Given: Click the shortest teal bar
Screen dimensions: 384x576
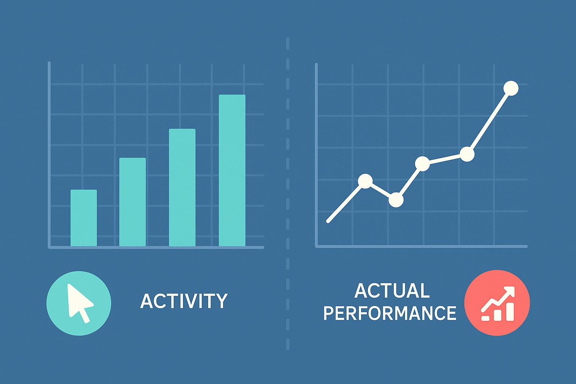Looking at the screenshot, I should (x=84, y=218).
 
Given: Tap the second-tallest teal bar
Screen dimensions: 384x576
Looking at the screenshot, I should (x=182, y=187).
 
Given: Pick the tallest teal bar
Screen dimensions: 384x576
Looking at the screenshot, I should (x=232, y=170).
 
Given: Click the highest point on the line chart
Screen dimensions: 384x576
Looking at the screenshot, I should (x=511, y=88).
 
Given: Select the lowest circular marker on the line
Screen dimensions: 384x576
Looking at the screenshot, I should (x=396, y=200).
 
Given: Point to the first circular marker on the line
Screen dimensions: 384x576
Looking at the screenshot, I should (x=365, y=181).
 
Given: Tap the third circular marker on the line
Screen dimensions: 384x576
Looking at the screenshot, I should (x=423, y=163).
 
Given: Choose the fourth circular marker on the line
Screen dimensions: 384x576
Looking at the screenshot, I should (x=467, y=154).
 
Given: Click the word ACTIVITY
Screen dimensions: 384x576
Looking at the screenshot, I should (x=184, y=301).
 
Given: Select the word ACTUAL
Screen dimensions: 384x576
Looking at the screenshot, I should (x=392, y=291).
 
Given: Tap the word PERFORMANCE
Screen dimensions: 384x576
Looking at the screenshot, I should (x=390, y=313).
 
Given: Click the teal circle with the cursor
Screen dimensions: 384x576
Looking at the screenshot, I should (x=79, y=303).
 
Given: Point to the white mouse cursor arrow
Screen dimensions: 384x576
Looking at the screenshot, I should (x=78, y=300).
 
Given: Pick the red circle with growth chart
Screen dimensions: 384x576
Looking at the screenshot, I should (x=497, y=303).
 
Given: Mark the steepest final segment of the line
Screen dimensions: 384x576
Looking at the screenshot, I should (x=489, y=121).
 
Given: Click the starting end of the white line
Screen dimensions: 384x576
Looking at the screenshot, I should (x=328, y=221).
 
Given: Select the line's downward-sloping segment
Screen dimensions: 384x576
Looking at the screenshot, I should (x=380, y=190).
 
